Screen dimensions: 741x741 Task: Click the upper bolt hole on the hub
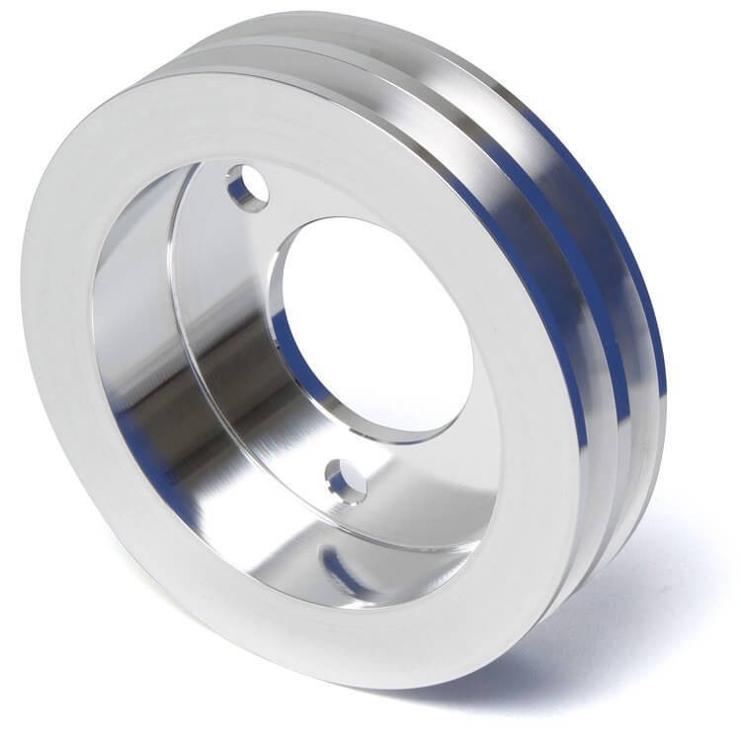pos(246,188)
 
